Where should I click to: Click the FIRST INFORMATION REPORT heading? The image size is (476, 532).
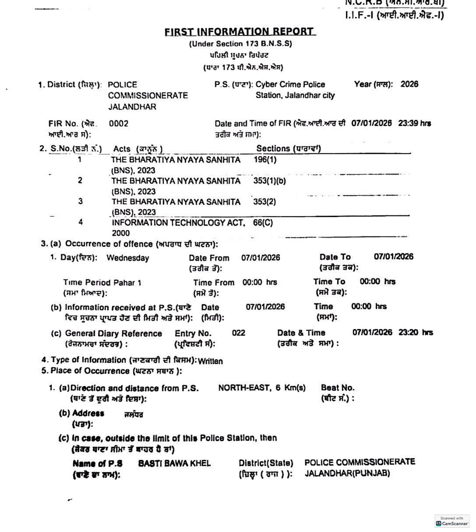(x=240, y=32)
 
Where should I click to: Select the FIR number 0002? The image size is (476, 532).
(x=119, y=124)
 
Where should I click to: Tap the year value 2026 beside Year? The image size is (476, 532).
(x=409, y=84)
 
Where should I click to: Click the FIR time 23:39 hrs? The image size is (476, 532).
(x=415, y=123)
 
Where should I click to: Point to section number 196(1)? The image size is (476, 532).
(x=265, y=160)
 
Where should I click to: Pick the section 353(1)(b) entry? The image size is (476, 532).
(x=269, y=181)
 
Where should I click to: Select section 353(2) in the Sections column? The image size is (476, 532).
(x=264, y=202)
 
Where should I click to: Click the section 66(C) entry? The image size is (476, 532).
(x=263, y=223)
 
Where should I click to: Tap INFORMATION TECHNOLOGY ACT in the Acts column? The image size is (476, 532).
(x=178, y=223)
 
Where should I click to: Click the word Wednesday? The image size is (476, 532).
(x=127, y=258)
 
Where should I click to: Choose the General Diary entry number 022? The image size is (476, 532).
(x=238, y=333)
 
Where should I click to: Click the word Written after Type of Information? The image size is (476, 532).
(x=211, y=361)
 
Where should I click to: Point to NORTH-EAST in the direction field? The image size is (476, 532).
(x=244, y=388)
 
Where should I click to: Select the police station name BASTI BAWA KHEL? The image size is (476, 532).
(x=174, y=463)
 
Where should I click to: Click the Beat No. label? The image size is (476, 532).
(x=338, y=388)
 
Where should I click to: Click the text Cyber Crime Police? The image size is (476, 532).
(x=290, y=85)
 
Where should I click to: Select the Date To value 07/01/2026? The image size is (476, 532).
(x=394, y=257)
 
